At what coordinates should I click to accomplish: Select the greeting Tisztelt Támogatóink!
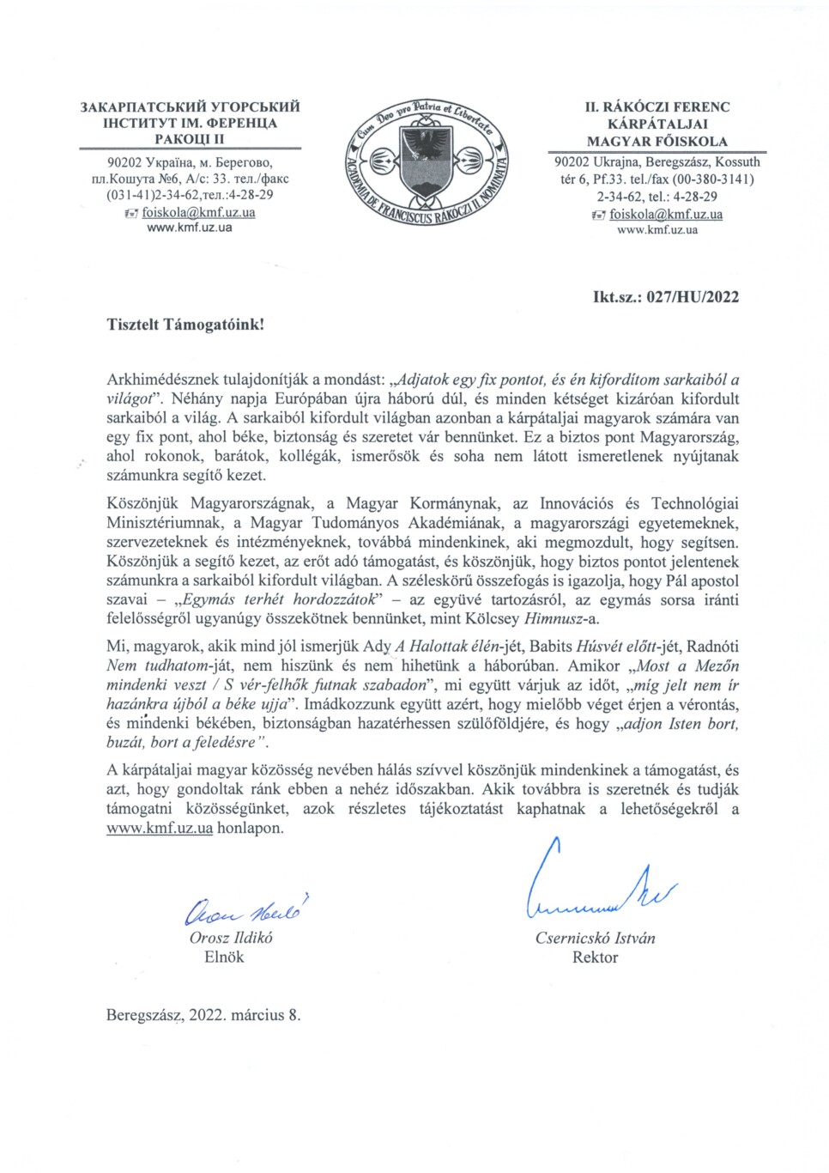coord(185,325)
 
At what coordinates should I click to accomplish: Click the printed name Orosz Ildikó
coord(231,938)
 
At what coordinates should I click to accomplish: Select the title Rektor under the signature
coord(595,957)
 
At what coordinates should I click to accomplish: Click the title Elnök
coord(224,957)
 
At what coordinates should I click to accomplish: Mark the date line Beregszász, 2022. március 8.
coord(203,1015)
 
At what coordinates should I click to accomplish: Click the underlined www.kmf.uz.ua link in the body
coord(160,829)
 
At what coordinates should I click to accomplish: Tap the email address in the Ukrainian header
coord(198,212)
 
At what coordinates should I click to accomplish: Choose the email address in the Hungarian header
coord(665,215)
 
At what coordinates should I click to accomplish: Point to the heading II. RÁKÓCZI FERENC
coord(657,107)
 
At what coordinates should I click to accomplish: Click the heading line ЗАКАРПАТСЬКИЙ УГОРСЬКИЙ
coord(190,107)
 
